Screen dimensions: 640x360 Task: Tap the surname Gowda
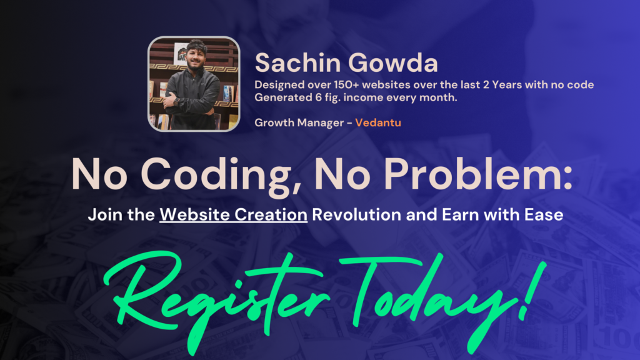pyautogui.click(x=392, y=63)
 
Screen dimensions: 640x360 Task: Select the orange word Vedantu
pyautogui.click(x=378, y=122)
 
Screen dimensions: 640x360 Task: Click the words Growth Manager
pyautogui.click(x=299, y=123)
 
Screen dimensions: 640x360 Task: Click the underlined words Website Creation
pyautogui.click(x=234, y=215)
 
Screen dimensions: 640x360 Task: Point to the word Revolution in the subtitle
pyautogui.click(x=357, y=215)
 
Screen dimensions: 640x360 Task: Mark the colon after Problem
pyautogui.click(x=567, y=179)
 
